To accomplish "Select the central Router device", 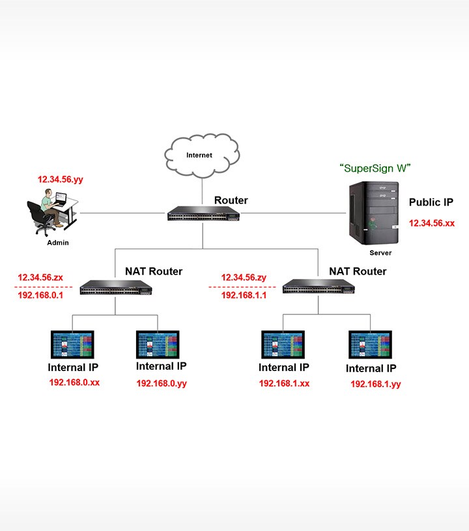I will (201, 214).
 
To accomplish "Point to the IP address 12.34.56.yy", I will (60, 179).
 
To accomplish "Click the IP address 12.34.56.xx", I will (431, 223).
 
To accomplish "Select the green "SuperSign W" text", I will (374, 169).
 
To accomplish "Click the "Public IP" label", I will (431, 202).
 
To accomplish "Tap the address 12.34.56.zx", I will (40, 278).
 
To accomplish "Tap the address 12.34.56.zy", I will (244, 278).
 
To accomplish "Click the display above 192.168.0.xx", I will (72, 345).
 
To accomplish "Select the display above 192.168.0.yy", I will (158, 345).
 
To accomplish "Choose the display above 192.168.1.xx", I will (283, 345).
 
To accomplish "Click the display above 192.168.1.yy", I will (371, 345).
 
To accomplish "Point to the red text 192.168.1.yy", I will (375, 385).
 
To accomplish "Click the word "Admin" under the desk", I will (57, 243).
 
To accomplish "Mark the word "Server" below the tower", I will (380, 252).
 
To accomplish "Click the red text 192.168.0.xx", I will (74, 383).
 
